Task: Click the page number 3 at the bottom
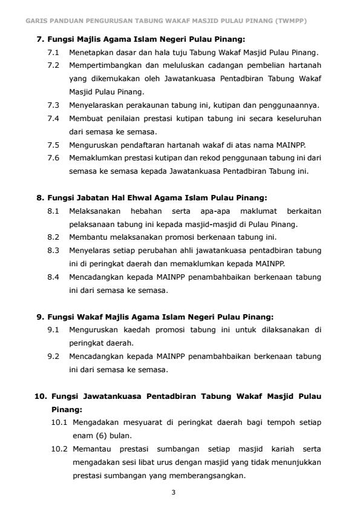pyautogui.click(x=173, y=492)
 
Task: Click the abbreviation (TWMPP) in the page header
pyautogui.click(x=290, y=21)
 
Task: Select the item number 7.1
pyautogui.click(x=53, y=53)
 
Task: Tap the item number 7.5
pyautogui.click(x=53, y=145)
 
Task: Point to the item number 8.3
pyautogui.click(x=53, y=250)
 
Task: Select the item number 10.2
pyautogui.click(x=59, y=448)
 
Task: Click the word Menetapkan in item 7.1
pyautogui.click(x=90, y=53)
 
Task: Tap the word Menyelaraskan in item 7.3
pyautogui.click(x=95, y=105)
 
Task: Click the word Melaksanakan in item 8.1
pyautogui.click(x=94, y=211)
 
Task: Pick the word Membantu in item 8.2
pyautogui.click(x=87, y=237)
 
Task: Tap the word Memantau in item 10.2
pyautogui.click(x=91, y=448)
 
